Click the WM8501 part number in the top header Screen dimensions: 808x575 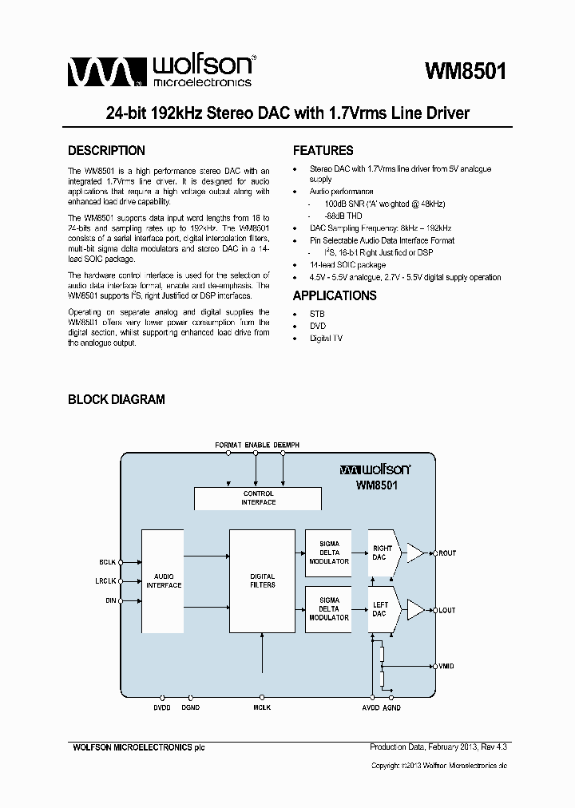point(466,70)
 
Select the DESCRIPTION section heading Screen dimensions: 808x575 point(106,151)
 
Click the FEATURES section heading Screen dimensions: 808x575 point(323,151)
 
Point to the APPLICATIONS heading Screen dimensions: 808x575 point(335,295)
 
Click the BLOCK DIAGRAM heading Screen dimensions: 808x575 point(116,399)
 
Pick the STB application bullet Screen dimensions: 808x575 point(317,314)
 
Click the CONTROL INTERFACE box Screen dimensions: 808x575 point(258,498)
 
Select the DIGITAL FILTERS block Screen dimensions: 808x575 point(262,580)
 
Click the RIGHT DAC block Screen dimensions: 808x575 point(381,553)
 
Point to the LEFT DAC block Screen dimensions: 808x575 point(380,609)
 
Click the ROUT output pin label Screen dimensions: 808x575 point(447,553)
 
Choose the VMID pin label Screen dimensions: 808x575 point(447,666)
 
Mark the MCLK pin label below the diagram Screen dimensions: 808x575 point(262,707)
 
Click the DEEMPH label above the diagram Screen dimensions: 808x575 point(287,444)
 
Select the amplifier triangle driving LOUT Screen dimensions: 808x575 point(416,610)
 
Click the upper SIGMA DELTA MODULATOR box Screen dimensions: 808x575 point(329,553)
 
